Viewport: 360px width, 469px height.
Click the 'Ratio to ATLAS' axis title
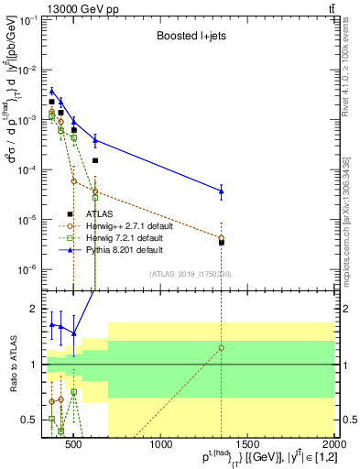coord(12,365)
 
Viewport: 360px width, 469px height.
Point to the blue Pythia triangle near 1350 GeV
coord(221,191)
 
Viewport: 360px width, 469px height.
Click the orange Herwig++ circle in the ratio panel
coord(221,348)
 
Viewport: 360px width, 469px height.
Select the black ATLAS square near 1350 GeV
coord(221,243)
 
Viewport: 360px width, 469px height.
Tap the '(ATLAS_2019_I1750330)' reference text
coord(190,274)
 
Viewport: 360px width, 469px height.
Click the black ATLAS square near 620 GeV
coord(95,160)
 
